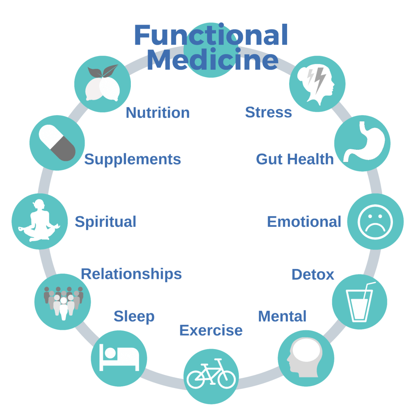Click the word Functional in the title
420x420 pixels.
[x=211, y=36]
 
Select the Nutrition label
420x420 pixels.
[x=157, y=112]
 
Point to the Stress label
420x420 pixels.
[x=268, y=112]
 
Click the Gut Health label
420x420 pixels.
[x=294, y=159]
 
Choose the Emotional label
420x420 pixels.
[x=304, y=222]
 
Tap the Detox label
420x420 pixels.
[x=313, y=274]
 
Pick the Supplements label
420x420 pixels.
[x=132, y=159]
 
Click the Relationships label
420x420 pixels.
[x=131, y=274]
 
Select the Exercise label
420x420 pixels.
[x=210, y=330]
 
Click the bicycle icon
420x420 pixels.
[x=211, y=374]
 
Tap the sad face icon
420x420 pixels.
[x=375, y=222]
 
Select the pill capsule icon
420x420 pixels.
[x=57, y=143]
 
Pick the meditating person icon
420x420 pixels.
[x=39, y=221]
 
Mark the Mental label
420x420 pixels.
[x=282, y=316]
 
